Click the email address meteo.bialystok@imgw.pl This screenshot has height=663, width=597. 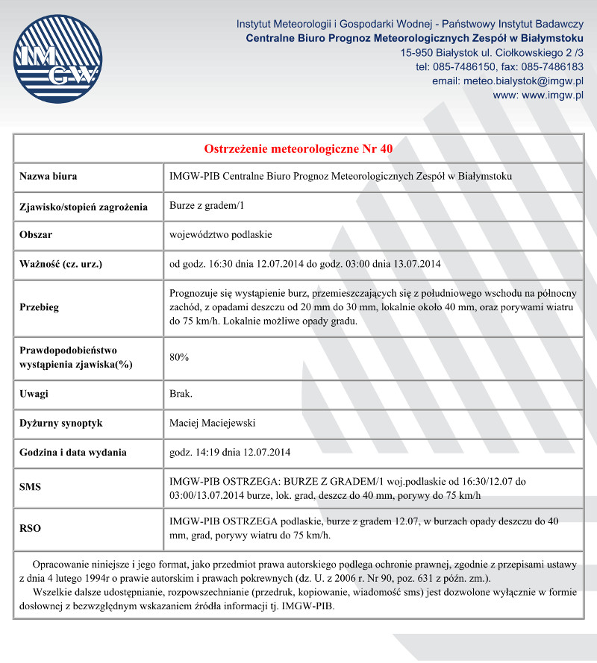[522, 81]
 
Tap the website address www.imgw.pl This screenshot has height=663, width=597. [552, 95]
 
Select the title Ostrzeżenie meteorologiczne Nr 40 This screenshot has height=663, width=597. [298, 148]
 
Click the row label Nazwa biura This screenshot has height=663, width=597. [49, 177]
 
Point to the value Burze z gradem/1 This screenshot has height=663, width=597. [207, 206]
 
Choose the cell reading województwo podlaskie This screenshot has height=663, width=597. [221, 235]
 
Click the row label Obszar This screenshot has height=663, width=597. [36, 235]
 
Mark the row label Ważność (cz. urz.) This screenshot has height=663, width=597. [60, 264]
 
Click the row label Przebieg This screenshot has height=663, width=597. [40, 307]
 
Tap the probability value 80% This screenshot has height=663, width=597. [179, 357]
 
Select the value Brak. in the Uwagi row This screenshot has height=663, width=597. [181, 394]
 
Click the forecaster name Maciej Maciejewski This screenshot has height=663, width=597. [213, 423]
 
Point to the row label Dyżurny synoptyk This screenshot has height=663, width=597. [61, 423]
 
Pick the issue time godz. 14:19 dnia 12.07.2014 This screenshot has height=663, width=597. [230, 452]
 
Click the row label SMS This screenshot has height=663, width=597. [30, 488]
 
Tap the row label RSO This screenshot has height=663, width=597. [30, 528]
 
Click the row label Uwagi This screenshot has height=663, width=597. [34, 394]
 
